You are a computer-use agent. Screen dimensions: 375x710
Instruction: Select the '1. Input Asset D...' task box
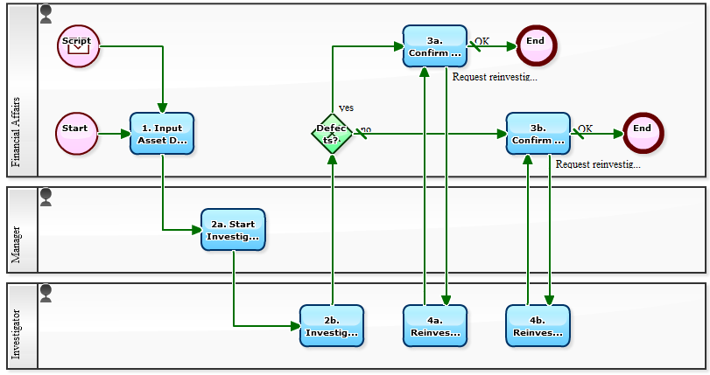point(162,134)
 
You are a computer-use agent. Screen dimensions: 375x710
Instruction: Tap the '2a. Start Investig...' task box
point(233,230)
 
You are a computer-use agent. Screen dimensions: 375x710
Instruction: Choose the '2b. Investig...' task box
point(332,325)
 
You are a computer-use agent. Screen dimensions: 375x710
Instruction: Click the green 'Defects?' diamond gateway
point(332,134)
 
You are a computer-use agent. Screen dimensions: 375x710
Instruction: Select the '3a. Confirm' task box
point(435,46)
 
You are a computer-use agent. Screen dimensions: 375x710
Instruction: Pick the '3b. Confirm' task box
point(538,134)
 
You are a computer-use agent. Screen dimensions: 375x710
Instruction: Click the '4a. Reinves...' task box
point(435,325)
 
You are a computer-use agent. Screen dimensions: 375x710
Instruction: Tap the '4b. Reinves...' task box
point(538,325)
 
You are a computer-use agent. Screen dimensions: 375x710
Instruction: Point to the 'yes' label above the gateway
point(346,108)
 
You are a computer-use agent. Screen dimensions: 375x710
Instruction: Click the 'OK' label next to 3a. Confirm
point(482,41)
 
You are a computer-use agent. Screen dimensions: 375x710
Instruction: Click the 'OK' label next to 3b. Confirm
point(585,128)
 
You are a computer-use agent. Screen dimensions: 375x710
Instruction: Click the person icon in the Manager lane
point(46,196)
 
